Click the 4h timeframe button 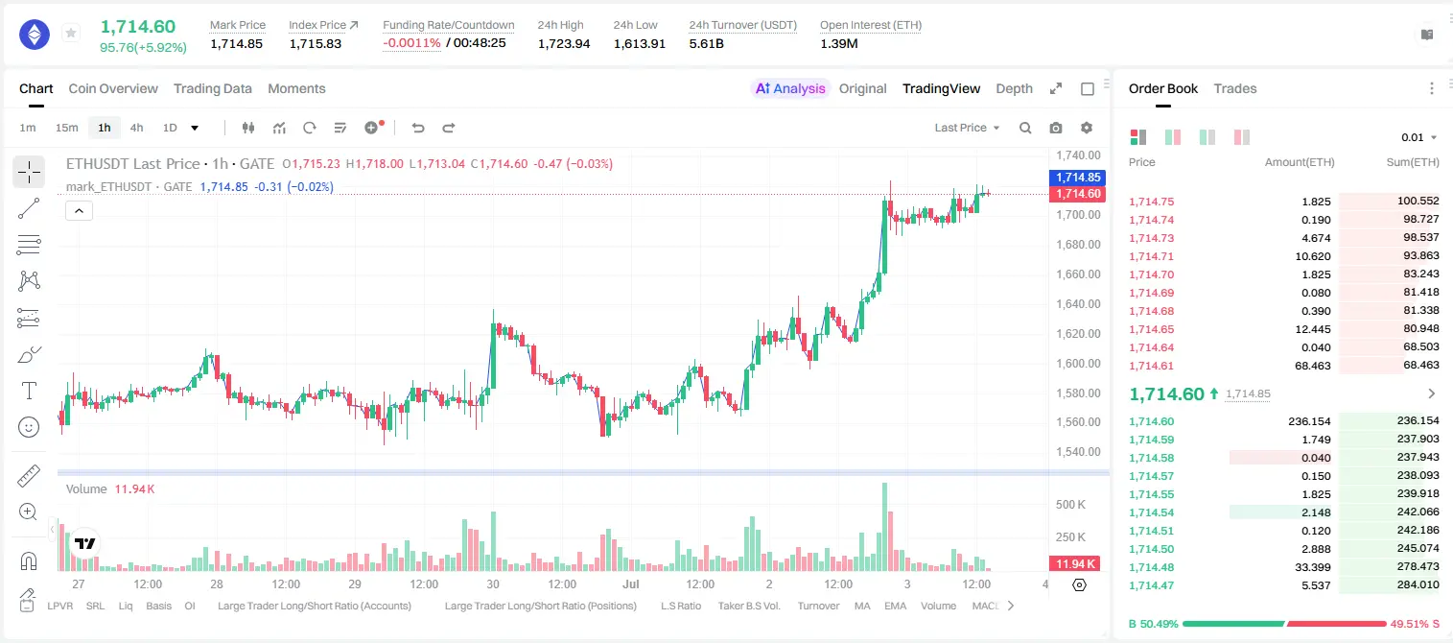pyautogui.click(x=136, y=128)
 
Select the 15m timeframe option pyautogui.click(x=66, y=128)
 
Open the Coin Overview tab pyautogui.click(x=113, y=88)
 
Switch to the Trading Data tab pyautogui.click(x=212, y=88)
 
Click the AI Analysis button pyautogui.click(x=790, y=88)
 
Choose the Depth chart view pyautogui.click(x=1014, y=88)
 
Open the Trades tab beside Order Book pyautogui.click(x=1235, y=88)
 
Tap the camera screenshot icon pyautogui.click(x=1056, y=128)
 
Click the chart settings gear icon pyautogui.click(x=1087, y=128)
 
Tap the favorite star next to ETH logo pyautogui.click(x=71, y=33)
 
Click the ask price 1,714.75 pyautogui.click(x=1152, y=202)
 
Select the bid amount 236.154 pyautogui.click(x=1309, y=421)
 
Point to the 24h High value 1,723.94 pyautogui.click(x=564, y=43)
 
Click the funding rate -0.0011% pyautogui.click(x=411, y=43)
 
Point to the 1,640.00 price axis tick pyautogui.click(x=1078, y=303)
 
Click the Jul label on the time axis pyautogui.click(x=630, y=583)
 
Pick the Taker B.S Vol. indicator pyautogui.click(x=748, y=606)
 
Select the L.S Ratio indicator pyautogui.click(x=680, y=606)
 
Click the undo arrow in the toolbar pyautogui.click(x=418, y=128)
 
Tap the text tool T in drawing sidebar pyautogui.click(x=29, y=391)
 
